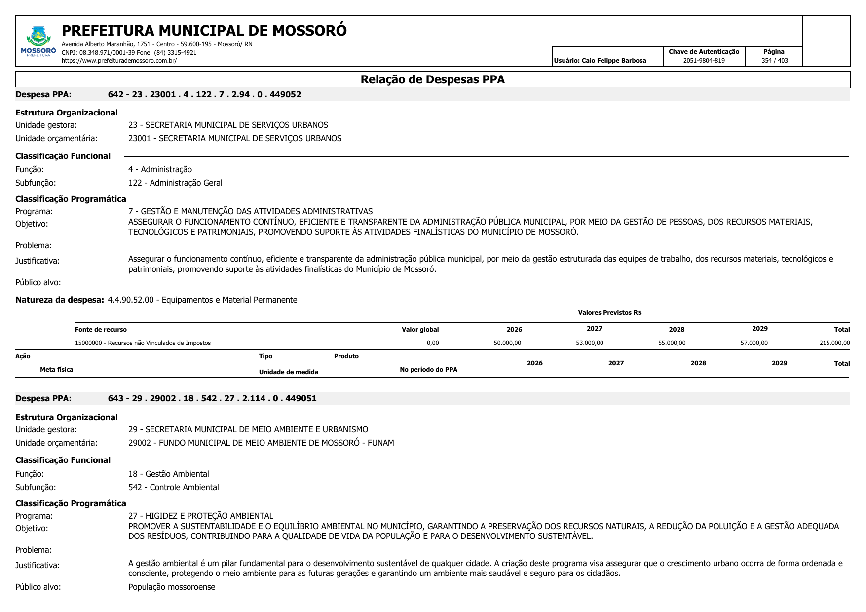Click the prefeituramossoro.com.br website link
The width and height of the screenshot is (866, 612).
pos(119,61)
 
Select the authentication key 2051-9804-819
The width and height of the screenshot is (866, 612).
pos(704,61)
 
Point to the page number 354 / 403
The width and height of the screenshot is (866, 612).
pos(774,61)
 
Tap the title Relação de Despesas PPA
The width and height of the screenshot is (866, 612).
pos(432,79)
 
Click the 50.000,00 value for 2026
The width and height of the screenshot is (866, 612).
pos(507,343)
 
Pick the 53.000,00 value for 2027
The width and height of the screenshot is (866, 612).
pos(589,343)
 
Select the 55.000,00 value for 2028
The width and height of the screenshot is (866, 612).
pos(672,343)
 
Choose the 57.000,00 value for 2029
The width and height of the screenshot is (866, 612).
pos(753,343)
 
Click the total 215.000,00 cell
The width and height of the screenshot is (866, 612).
pos(834,343)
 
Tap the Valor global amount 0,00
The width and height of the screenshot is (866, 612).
pos(432,343)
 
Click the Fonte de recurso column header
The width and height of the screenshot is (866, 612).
pos(101,330)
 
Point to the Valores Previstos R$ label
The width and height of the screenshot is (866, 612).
pos(609,313)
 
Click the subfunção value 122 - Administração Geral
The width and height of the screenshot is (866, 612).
pos(175,183)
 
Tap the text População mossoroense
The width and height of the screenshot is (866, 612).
pos(172,587)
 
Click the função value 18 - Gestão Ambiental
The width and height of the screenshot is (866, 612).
pos(168,474)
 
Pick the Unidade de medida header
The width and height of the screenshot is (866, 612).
pos(288,372)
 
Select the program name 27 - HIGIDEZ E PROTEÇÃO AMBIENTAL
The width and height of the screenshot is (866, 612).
pos(200,516)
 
